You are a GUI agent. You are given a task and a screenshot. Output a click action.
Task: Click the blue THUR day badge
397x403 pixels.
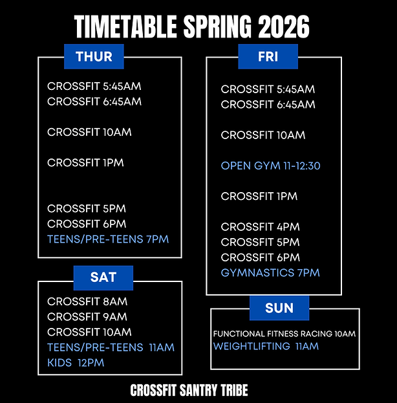94,56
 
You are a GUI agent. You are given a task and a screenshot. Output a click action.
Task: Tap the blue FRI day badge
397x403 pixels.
268,56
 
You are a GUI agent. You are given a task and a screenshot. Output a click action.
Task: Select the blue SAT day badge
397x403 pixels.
103,278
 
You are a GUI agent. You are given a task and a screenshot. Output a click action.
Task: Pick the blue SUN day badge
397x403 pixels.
279,308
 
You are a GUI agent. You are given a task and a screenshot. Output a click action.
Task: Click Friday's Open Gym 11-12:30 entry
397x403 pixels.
270,166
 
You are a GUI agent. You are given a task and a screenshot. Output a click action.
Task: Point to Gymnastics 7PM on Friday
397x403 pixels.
270,272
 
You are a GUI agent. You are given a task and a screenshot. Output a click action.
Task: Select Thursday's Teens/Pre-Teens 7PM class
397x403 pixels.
108,239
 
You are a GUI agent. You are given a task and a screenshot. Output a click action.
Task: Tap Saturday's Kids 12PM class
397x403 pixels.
76,363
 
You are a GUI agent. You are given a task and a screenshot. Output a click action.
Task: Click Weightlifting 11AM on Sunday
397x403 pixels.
266,347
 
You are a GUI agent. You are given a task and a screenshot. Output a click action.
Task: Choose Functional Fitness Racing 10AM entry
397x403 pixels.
284,334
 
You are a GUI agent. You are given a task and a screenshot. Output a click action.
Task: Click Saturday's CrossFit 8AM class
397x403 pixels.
87,301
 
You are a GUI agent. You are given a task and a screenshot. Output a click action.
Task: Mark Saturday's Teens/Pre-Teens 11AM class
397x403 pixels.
111,347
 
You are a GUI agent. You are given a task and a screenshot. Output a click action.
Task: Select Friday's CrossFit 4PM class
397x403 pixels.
260,227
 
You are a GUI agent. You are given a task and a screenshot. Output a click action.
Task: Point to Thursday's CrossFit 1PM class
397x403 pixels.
85,162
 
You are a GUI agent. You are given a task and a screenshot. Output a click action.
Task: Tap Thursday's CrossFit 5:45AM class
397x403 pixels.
94,86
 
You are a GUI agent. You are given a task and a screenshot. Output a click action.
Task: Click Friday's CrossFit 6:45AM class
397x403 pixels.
268,105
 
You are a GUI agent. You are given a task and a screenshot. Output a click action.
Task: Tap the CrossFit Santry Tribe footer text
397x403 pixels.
189,390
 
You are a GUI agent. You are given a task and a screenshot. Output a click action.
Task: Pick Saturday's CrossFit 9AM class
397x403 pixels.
87,317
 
